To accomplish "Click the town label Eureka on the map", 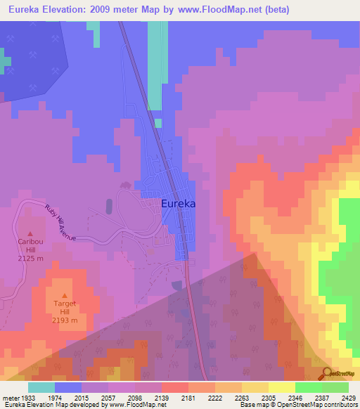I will pyautogui.click(x=178, y=203).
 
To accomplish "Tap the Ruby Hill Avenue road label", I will pyautogui.click(x=60, y=223).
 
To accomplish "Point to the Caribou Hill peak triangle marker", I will pyautogui.click(x=30, y=234).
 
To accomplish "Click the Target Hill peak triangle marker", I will pyautogui.click(x=65, y=296).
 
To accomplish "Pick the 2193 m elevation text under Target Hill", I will pyautogui.click(x=65, y=320).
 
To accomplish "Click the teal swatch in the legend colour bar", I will pyautogui.click(x=41, y=387).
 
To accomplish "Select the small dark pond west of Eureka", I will pyautogui.click(x=109, y=206).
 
